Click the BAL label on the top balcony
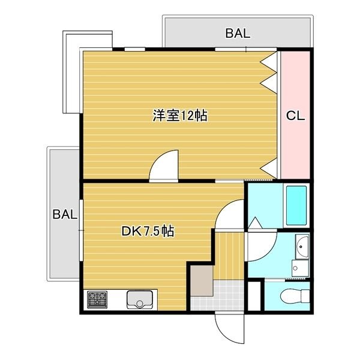238,34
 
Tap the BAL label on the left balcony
64,214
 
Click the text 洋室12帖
180,116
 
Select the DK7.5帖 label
148,231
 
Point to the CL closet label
295,116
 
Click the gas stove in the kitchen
97,299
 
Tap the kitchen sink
140,299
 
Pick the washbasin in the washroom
302,247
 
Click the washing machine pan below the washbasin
298,268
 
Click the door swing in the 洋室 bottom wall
164,166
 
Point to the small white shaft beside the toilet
255,295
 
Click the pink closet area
295,144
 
